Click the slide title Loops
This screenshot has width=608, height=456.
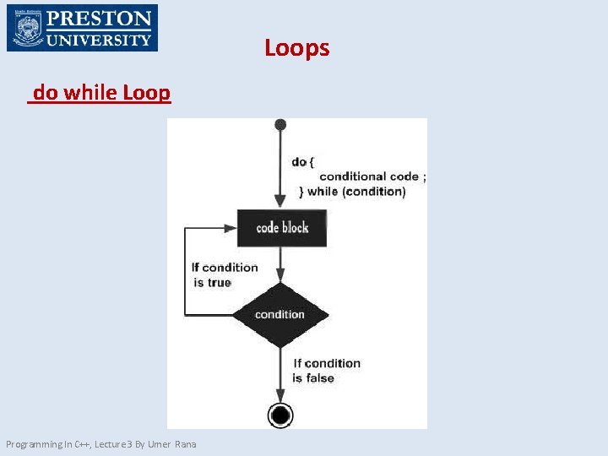pyautogui.click(x=296, y=48)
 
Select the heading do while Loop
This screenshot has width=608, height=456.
pyautogui.click(x=101, y=93)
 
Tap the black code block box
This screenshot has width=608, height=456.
pyautogui.click(x=281, y=228)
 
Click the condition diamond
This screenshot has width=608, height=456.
pyautogui.click(x=280, y=314)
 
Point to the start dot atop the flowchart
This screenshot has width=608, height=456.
pyautogui.click(x=280, y=125)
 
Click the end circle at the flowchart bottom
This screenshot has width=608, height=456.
pyautogui.click(x=280, y=415)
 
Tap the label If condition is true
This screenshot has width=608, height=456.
pyautogui.click(x=224, y=274)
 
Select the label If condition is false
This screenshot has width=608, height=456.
pyautogui.click(x=326, y=371)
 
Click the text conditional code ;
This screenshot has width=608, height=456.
pyautogui.click(x=372, y=176)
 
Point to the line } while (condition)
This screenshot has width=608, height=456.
pyautogui.click(x=352, y=192)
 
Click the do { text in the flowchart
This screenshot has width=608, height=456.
pyautogui.click(x=303, y=161)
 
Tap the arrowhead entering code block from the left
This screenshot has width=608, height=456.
pyautogui.click(x=230, y=228)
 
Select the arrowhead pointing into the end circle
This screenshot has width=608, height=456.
pyautogui.click(x=280, y=397)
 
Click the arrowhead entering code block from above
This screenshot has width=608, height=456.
pyautogui.click(x=280, y=204)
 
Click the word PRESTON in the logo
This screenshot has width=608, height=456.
pyautogui.click(x=99, y=19)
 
